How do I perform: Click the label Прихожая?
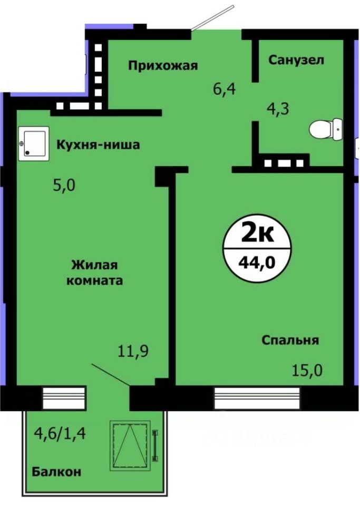coord(163,65)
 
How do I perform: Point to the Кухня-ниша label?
coord(99,144)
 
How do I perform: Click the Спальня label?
coord(290,340)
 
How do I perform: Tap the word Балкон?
coord(57,472)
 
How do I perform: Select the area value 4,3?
coord(279,109)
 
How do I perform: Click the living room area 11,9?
coord(133,351)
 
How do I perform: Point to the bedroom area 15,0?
coord(308,366)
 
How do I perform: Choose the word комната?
coord(98,280)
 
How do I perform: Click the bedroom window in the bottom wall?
coord(257,398)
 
